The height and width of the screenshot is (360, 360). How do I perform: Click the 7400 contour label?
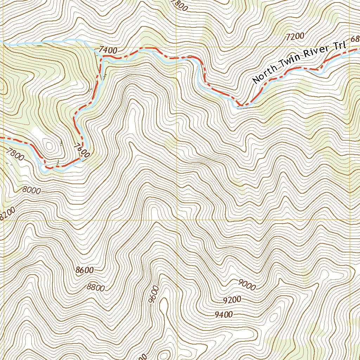pos(108,51)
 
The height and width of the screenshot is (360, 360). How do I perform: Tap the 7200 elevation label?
pos(295,36)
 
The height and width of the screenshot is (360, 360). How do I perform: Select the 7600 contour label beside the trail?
pos(82,151)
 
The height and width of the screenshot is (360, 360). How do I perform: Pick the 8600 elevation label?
pos(84,270)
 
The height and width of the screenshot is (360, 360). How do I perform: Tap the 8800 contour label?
pos(95,288)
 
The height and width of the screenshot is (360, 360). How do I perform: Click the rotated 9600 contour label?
pos(154,295)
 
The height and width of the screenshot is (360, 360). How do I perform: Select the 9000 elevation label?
pos(246,284)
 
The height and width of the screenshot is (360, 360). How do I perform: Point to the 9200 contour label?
pos(232,300)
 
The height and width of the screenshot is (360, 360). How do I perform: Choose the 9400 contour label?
pos(224,315)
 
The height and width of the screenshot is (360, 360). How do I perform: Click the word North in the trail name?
pos(265,73)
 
